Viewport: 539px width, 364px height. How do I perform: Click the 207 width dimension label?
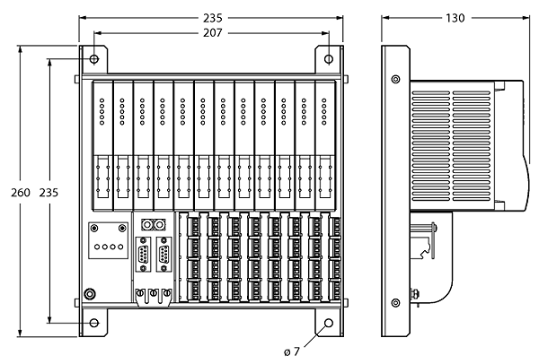212,33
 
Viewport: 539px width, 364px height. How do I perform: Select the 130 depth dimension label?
455,18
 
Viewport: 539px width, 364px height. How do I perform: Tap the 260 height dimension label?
21,193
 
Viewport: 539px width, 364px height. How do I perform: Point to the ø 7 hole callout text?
292,351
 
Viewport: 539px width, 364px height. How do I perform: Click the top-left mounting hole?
94,59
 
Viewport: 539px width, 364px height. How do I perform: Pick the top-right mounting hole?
329,59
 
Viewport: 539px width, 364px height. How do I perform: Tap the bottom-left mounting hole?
94,323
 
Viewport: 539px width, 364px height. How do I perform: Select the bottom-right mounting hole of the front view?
329,323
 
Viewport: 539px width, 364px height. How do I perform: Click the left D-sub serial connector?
144,255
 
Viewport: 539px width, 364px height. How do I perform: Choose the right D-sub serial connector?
164,255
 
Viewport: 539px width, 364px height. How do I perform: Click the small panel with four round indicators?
109,240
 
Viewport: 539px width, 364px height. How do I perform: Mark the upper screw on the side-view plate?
395,79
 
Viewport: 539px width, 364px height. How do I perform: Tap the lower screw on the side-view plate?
395,303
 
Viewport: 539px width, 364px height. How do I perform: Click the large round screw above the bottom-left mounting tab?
90,294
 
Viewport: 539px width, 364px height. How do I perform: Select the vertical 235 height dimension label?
49,193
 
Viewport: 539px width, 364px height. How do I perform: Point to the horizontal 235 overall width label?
212,18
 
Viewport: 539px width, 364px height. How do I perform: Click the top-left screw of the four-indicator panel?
94,228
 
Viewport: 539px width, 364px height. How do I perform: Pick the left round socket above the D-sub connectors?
147,225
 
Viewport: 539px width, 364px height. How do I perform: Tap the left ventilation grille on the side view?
430,146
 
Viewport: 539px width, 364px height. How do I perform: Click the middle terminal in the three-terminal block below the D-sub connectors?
154,293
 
